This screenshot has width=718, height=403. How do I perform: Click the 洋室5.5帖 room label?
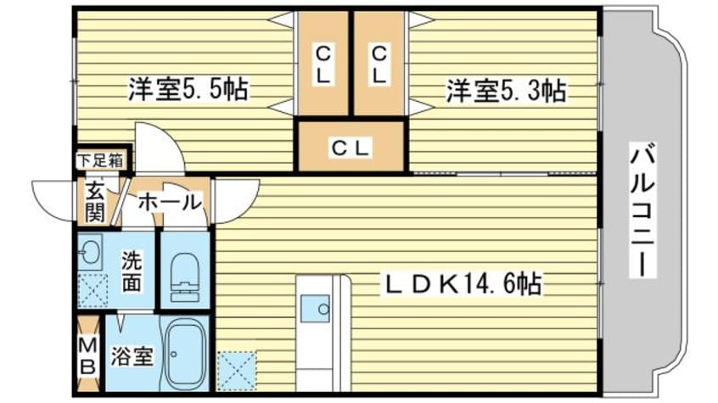click(x=188, y=90)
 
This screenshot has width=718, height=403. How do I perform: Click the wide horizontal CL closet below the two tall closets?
click(x=349, y=147)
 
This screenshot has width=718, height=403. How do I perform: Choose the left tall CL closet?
click(x=323, y=64)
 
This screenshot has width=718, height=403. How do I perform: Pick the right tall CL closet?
click(x=379, y=64)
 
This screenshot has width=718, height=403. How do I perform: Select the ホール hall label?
click(x=168, y=202)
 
